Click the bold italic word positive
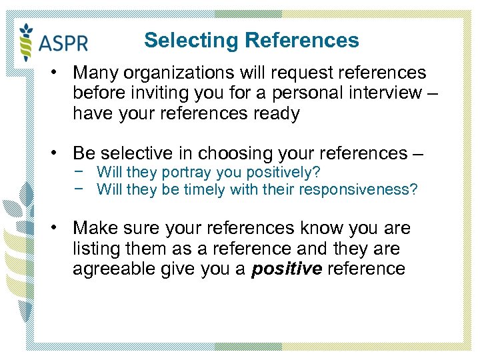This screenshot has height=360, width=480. point(287,269)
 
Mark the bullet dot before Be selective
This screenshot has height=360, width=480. point(59,153)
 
